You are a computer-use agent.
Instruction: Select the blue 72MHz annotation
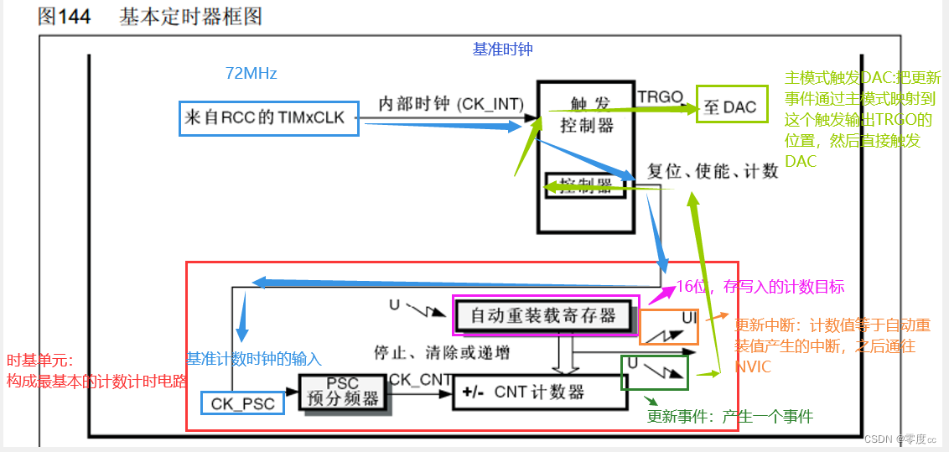[251, 74]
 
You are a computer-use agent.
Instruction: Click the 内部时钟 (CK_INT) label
[451, 103]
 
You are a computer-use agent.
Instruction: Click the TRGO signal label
[661, 96]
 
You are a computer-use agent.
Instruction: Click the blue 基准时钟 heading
[502, 49]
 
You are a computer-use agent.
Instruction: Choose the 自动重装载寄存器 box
[543, 315]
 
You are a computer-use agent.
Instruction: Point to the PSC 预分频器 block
[342, 392]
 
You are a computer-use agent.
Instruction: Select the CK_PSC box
[242, 403]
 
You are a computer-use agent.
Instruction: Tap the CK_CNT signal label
[421, 380]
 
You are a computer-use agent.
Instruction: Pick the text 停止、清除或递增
[442, 351]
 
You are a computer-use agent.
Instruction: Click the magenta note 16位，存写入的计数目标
[760, 285]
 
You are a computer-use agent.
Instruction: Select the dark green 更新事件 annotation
[729, 417]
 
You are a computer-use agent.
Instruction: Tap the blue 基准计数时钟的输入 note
[253, 359]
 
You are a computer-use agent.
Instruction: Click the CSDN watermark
[900, 439]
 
